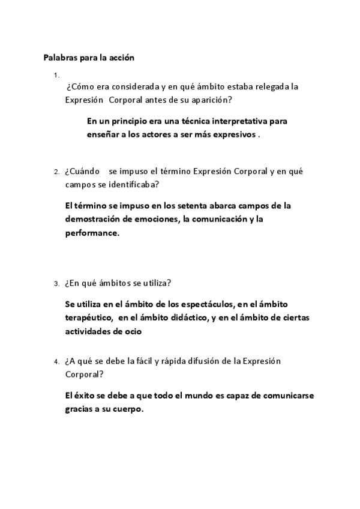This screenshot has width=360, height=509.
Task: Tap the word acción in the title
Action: (x=121, y=58)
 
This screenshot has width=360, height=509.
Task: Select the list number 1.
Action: (x=56, y=75)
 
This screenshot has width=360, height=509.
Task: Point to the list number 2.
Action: (x=56, y=172)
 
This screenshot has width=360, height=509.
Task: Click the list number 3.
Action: (x=56, y=284)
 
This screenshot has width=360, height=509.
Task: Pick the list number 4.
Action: (x=56, y=362)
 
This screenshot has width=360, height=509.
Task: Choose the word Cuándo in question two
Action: (x=84, y=172)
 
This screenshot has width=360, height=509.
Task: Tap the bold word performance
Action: (x=92, y=233)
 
